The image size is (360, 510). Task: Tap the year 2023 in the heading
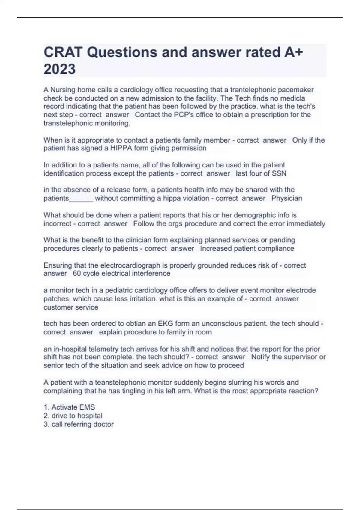(x=60, y=69)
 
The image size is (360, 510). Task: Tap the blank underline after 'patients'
(x=81, y=199)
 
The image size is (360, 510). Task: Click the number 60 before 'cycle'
(x=77, y=274)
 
